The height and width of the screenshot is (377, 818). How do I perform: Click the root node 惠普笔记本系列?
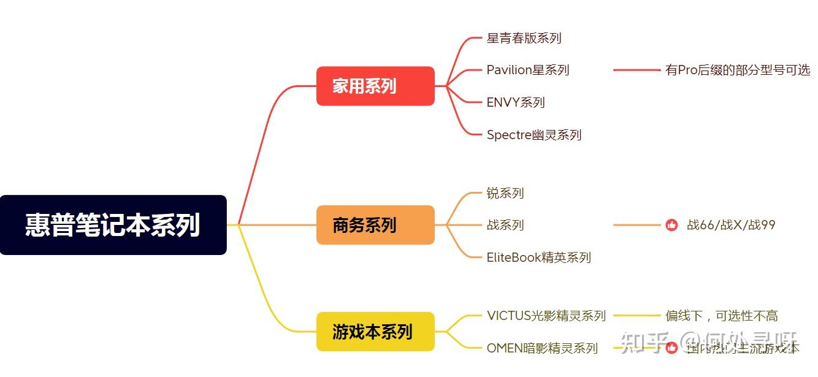113,225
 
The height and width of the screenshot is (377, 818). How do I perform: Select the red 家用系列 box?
375,86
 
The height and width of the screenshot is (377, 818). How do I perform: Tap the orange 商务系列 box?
375,225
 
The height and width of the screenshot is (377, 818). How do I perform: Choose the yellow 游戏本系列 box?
375,332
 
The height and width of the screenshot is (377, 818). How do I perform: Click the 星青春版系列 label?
524,38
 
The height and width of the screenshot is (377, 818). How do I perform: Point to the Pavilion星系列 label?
527,70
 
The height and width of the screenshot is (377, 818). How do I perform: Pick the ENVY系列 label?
515,102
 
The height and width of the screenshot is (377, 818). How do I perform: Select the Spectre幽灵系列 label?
533,135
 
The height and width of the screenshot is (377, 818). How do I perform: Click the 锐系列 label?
505,193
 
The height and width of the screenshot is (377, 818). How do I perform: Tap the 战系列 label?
505,225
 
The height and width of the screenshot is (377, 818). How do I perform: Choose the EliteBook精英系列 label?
538,257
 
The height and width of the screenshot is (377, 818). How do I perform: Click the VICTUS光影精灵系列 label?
546,316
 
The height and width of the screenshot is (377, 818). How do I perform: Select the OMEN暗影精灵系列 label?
541,348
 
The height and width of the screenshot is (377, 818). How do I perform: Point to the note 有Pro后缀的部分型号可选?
737,70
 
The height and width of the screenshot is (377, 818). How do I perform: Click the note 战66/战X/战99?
731,225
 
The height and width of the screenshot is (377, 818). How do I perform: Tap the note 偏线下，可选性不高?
721,316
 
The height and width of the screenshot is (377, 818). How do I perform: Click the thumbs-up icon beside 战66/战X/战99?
671,225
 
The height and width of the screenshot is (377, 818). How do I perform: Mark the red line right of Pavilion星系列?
636,70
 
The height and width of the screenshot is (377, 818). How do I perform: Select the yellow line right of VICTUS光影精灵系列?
636,316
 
